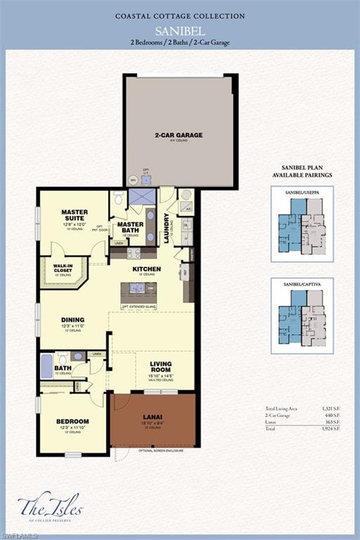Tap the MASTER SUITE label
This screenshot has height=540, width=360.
click(x=74, y=215)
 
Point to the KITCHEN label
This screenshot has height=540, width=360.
click(x=147, y=269)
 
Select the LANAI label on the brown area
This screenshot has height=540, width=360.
click(x=153, y=417)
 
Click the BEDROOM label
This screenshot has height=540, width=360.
click(x=72, y=422)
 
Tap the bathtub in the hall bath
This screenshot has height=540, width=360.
click(x=47, y=366)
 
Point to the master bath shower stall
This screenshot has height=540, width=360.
click(x=141, y=197)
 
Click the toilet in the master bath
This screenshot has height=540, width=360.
click(x=118, y=200)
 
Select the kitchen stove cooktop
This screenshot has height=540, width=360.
click(x=133, y=253)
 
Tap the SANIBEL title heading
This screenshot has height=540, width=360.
click(x=179, y=30)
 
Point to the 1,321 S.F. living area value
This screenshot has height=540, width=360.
click(x=328, y=409)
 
